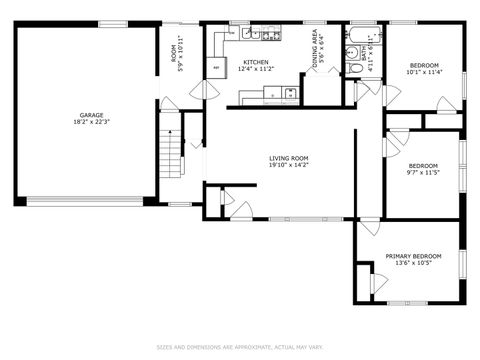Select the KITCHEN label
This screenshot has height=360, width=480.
256,63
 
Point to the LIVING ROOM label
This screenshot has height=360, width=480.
288,158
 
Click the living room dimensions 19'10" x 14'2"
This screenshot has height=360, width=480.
288,166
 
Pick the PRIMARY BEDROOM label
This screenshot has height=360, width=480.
413,256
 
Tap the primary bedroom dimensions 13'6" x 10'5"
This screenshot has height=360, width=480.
413,264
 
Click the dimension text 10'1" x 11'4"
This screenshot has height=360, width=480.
423,72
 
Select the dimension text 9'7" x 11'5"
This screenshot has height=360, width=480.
423,173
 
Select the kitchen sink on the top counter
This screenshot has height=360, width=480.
250,35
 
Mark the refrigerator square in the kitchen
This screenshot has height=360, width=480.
216,68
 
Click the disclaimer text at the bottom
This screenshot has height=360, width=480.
240,348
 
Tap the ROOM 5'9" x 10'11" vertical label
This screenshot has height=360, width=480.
177,50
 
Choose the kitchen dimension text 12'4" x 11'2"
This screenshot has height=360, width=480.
256,71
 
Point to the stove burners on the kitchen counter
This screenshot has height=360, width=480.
289,94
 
